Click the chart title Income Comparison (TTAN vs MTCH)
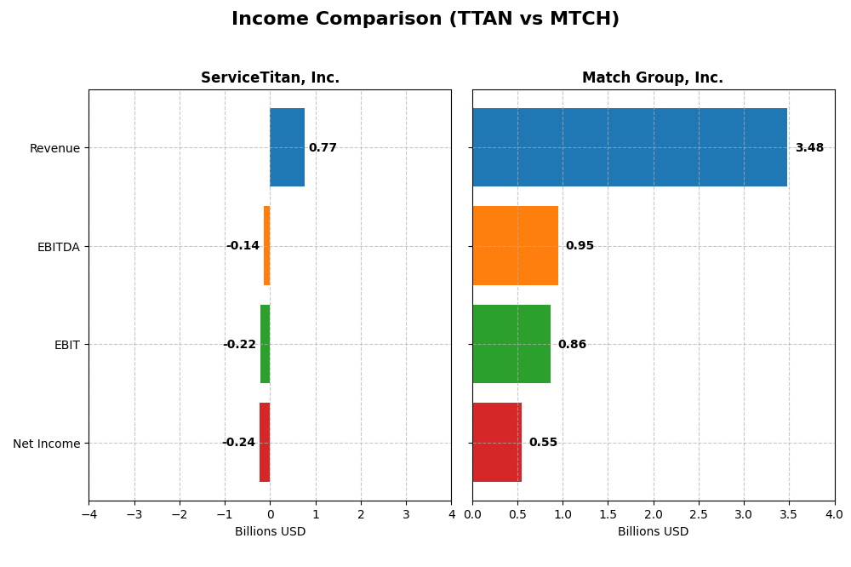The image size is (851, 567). (x=425, y=20)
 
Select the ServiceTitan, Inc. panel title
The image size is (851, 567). (x=270, y=78)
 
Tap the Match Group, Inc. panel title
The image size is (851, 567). (x=653, y=78)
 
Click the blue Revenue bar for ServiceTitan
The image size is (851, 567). (x=287, y=147)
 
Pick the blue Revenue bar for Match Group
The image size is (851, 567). (x=630, y=147)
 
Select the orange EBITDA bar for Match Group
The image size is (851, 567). (x=515, y=246)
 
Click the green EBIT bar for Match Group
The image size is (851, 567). (x=511, y=344)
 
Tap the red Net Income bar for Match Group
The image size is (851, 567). (x=497, y=443)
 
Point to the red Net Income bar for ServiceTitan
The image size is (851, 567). (x=265, y=443)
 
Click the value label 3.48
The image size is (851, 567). (x=809, y=148)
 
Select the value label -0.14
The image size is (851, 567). (x=243, y=246)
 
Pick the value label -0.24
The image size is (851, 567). (x=238, y=443)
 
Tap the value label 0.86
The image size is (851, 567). (x=572, y=345)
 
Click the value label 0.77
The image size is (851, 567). (x=323, y=148)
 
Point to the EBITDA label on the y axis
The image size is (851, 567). (x=59, y=247)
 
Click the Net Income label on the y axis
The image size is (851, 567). (x=47, y=444)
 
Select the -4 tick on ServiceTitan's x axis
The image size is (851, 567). (x=89, y=514)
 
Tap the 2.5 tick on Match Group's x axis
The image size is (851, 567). (x=699, y=514)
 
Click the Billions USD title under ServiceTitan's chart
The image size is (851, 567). (x=270, y=532)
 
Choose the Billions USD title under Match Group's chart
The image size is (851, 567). (x=653, y=532)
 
